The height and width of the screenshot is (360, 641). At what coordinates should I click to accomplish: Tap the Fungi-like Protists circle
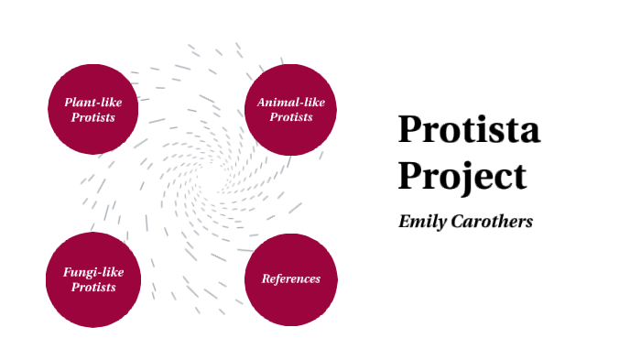93,278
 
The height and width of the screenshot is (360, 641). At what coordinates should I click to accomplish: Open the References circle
291,278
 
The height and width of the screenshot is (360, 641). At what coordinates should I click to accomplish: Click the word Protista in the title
469,129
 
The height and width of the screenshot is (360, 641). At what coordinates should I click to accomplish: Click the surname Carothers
493,222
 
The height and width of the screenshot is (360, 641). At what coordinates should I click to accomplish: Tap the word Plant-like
93,101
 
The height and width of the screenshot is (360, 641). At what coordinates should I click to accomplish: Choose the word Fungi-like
93,271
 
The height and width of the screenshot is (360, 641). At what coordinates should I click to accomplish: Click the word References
291,278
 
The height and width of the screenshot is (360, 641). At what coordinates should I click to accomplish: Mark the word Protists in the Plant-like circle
93,116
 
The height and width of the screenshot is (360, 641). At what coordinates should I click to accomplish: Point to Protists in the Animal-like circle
291,116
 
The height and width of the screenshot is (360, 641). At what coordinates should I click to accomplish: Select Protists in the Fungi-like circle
93,287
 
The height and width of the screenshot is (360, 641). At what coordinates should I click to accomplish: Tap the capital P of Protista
409,129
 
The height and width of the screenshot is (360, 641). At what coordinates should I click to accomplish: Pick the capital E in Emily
406,222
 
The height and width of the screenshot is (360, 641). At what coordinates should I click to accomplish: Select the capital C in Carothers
459,222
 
